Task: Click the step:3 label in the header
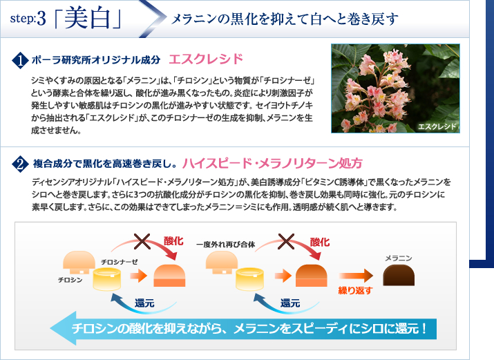click(28, 19)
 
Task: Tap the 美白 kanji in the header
click(87, 18)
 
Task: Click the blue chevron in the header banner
click(153, 19)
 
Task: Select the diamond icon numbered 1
click(20, 60)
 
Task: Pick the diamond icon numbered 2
click(20, 164)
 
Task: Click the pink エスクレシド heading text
click(206, 59)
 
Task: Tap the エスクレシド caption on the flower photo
click(437, 126)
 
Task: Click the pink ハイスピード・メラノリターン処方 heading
click(272, 163)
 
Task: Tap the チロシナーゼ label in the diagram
click(120, 262)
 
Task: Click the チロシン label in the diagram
click(70, 280)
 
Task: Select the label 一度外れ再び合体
click(225, 245)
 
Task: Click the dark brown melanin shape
click(399, 275)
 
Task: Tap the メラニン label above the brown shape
click(399, 258)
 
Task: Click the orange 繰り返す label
click(355, 290)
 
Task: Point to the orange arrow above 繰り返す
click(356, 276)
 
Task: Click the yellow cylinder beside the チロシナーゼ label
click(107, 278)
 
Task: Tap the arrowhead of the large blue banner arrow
click(63, 328)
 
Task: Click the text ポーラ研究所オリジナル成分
click(96, 59)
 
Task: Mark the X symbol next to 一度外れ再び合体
click(286, 242)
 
